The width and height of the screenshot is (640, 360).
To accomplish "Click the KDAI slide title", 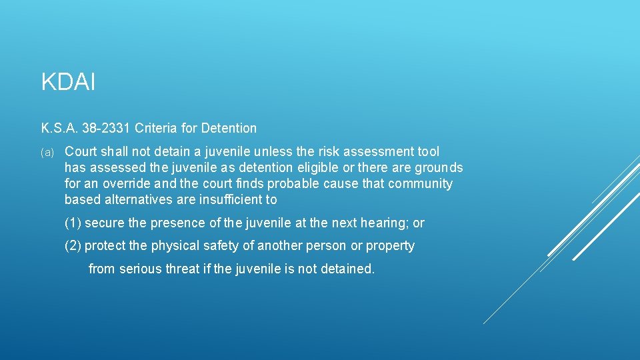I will pyautogui.click(x=69, y=83).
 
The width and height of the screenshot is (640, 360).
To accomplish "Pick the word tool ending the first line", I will pyautogui.click(x=428, y=152).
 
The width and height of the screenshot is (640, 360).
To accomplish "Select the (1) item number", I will pyautogui.click(x=73, y=223).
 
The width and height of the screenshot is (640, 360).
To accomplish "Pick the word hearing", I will pyautogui.click(x=385, y=223).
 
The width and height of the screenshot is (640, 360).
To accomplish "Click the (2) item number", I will pyautogui.click(x=73, y=246).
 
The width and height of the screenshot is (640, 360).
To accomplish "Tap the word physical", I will pyautogui.click(x=174, y=246).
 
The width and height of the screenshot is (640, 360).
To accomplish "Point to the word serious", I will pyautogui.click(x=140, y=269).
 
